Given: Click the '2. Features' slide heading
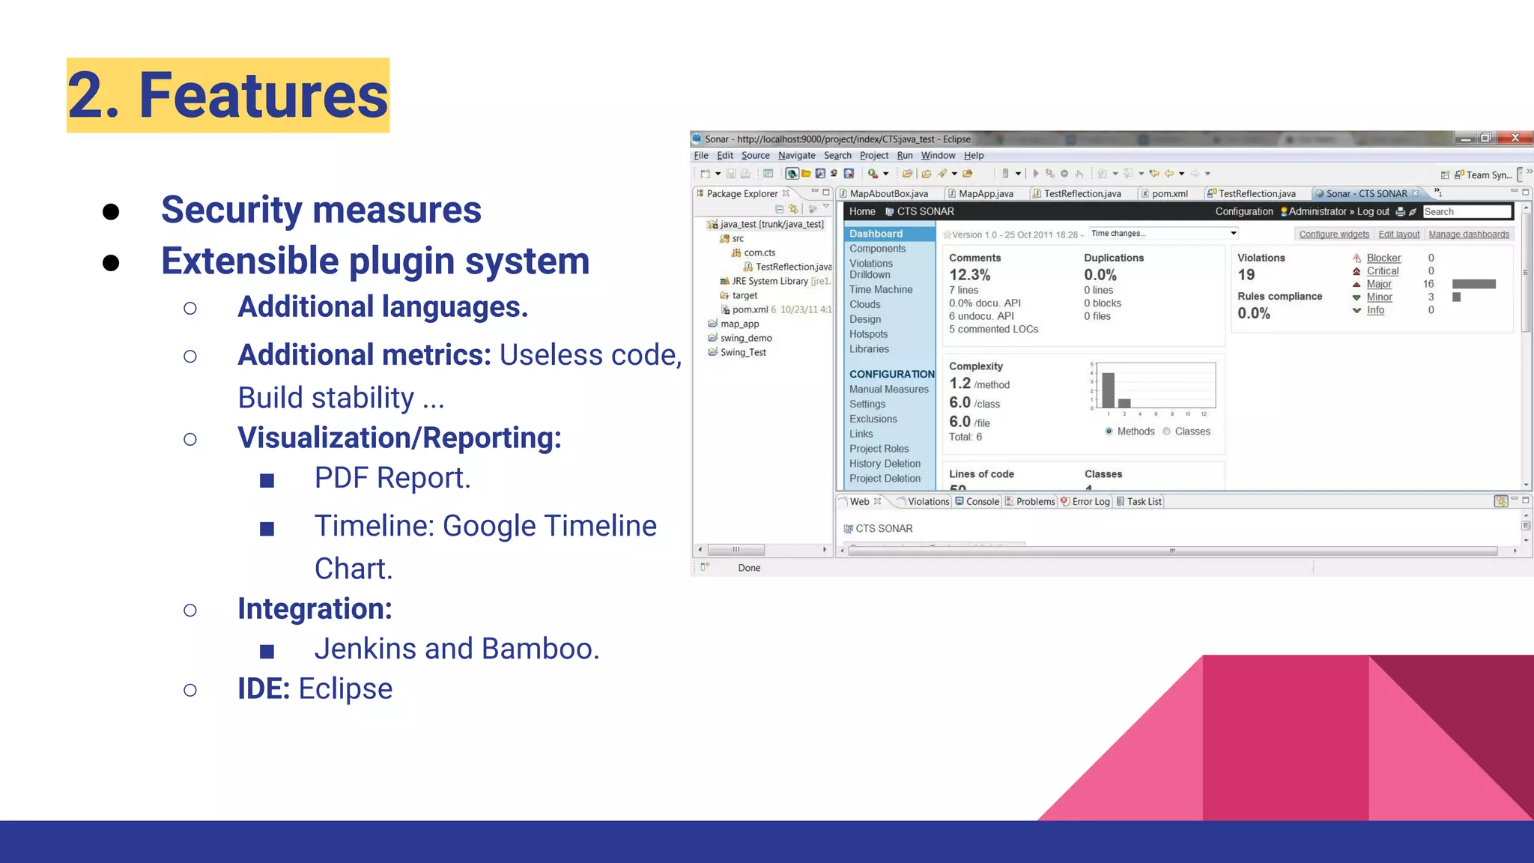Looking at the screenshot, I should pos(228,96).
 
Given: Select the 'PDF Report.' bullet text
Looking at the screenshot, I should pos(392,478).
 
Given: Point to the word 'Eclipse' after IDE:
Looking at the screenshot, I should pos(345,689).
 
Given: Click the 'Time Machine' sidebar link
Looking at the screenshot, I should pos(880,290).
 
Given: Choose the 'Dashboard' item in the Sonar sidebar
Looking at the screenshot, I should pos(876,234).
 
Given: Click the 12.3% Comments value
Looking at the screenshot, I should pos(969,275).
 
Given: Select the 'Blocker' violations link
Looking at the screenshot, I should pos(1383,258).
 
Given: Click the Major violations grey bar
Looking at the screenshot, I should pos(1473,284).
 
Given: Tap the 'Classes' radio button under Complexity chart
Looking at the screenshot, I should pos(1166,431).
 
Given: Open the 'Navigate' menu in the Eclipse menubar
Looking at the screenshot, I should pos(796,156).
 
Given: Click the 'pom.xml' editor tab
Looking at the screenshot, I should pos(1168,194).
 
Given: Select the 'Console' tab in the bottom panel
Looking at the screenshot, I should pos(981,502).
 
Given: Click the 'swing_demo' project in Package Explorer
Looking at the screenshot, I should pos(745,339).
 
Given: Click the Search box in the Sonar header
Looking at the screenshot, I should pos(1466,212).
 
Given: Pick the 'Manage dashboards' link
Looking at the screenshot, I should pos(1468,234).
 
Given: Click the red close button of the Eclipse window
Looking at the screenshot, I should pos(1515,138).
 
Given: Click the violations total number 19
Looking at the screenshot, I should pos(1246,275).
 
